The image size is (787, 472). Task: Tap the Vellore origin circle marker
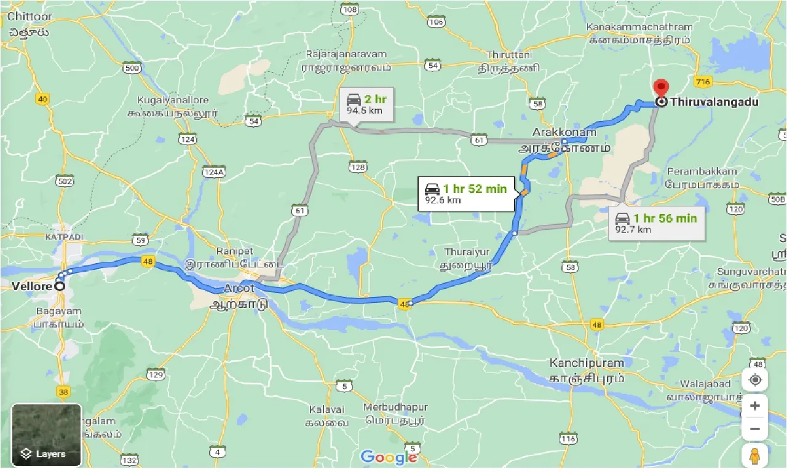(x=60, y=286)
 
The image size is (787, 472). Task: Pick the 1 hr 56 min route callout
(x=656, y=223)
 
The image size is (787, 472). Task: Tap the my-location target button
(x=755, y=380)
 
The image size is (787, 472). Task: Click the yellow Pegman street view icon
(x=755, y=456)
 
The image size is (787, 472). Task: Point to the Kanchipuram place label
(x=587, y=363)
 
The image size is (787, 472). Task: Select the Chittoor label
(x=30, y=17)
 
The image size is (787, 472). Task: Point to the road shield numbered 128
(x=358, y=167)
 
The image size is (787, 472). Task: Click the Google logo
(x=389, y=457)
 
